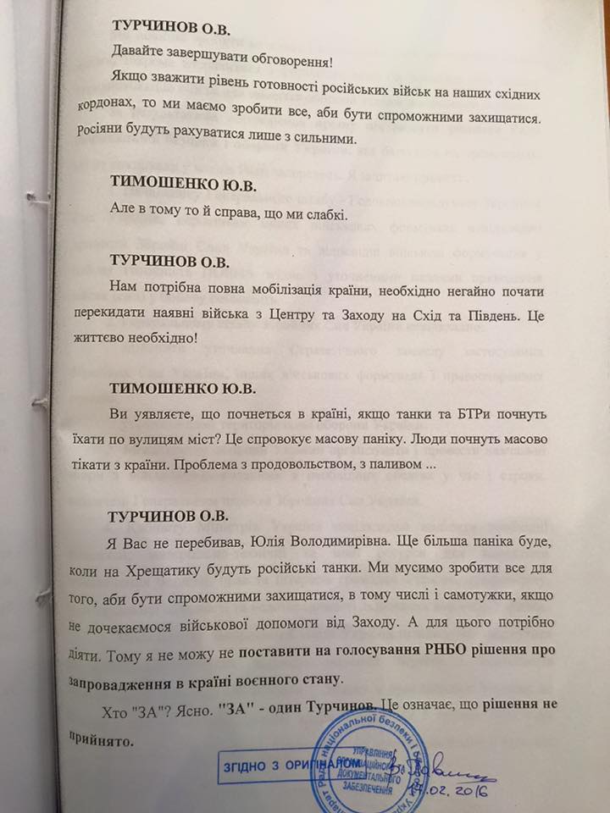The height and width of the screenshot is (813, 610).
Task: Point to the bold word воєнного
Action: [x=263, y=680]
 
